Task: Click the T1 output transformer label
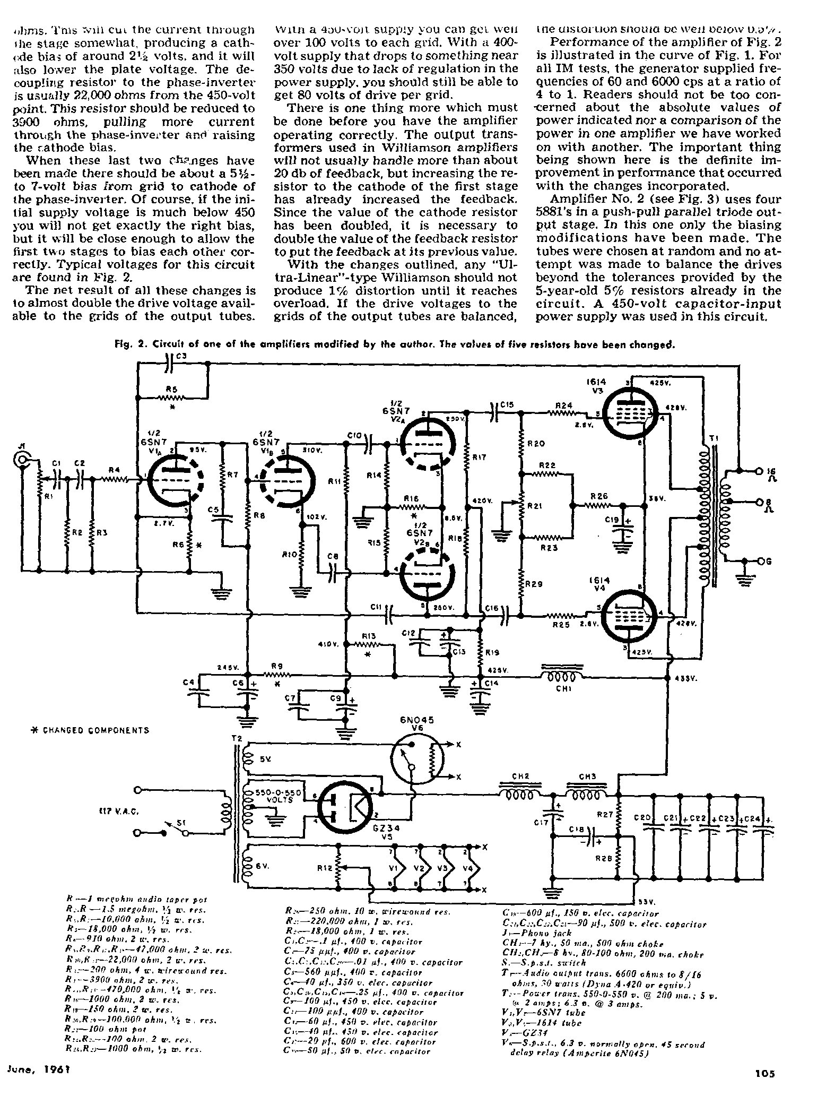(x=714, y=438)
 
